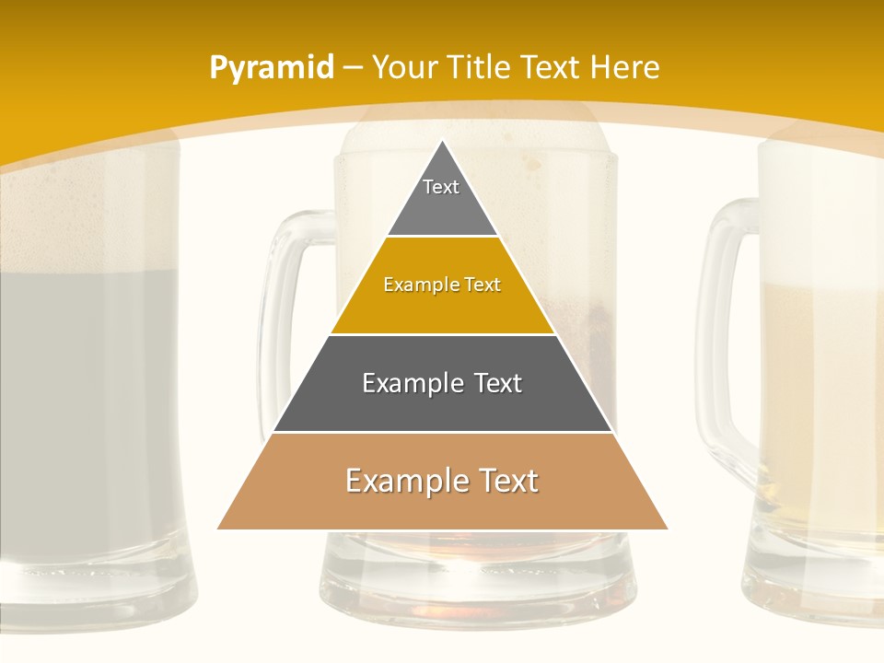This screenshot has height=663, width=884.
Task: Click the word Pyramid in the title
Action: [x=271, y=68]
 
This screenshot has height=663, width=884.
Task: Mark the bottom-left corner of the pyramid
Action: [x=218, y=529]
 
